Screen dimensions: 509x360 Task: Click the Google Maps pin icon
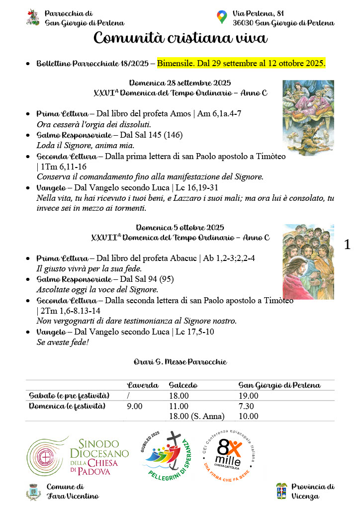pos(222,17)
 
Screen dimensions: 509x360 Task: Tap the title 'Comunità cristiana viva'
pos(180,38)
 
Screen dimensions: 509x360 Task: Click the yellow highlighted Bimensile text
pos(241,63)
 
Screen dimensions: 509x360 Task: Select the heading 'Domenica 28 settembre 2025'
pos(180,83)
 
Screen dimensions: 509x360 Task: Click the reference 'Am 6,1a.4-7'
pos(219,114)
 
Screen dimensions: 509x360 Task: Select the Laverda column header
pos(143,385)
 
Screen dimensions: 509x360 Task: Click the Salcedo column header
pos(183,385)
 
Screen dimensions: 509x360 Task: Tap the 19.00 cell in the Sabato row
pos(249,396)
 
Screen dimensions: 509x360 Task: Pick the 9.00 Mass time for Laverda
pos(134,406)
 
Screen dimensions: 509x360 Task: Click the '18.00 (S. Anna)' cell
pos(197,416)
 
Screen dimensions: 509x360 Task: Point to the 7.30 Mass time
pos(247,406)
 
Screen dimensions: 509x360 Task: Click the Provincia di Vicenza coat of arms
pos(282,491)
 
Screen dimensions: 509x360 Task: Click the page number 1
pos(347,244)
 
